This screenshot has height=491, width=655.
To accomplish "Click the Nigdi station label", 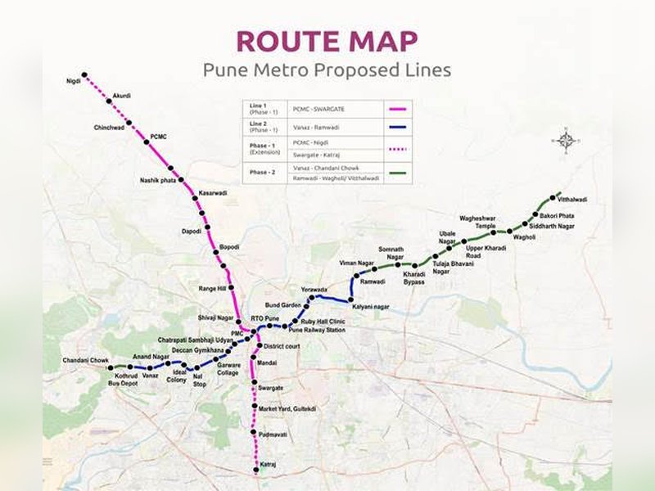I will [x=74, y=82].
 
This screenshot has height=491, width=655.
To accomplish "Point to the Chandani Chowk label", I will [x=86, y=361].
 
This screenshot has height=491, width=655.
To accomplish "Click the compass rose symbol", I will [x=566, y=140].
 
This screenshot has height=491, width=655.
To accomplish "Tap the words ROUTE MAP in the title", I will [x=327, y=42].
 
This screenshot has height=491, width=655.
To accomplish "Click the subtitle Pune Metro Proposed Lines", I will [x=327, y=70].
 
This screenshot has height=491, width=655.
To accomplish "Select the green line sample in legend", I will [x=397, y=172].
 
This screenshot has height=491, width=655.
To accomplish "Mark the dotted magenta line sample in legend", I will [x=397, y=149].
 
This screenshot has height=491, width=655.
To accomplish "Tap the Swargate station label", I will [x=270, y=387].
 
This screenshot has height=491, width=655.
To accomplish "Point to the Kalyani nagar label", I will [x=371, y=307].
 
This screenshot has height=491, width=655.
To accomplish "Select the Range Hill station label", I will [x=212, y=289].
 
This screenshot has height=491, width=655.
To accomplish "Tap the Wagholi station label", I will [x=524, y=237].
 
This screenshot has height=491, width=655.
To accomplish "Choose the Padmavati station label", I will [x=273, y=434].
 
